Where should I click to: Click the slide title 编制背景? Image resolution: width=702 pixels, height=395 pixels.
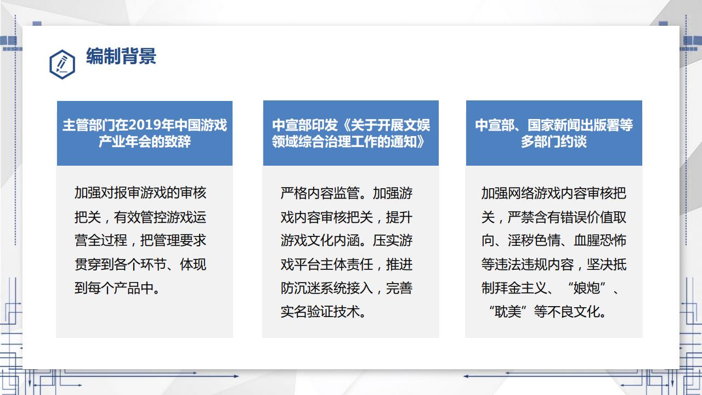point(121,57)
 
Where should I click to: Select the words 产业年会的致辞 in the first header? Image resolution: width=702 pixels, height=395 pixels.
point(145,142)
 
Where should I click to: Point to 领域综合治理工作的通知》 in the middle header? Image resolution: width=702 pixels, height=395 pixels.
point(350,142)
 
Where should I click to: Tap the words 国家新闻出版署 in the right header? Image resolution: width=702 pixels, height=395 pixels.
point(574,125)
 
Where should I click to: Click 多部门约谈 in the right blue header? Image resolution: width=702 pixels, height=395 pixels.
point(554,142)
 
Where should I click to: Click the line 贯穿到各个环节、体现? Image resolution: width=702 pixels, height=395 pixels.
point(140,264)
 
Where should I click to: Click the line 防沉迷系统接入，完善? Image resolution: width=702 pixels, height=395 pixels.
point(346,288)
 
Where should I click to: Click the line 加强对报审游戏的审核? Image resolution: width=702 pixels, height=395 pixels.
point(140,193)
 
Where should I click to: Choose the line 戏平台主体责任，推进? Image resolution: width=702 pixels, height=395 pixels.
point(346,264)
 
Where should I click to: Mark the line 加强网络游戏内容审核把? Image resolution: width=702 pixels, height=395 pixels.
point(554,193)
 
